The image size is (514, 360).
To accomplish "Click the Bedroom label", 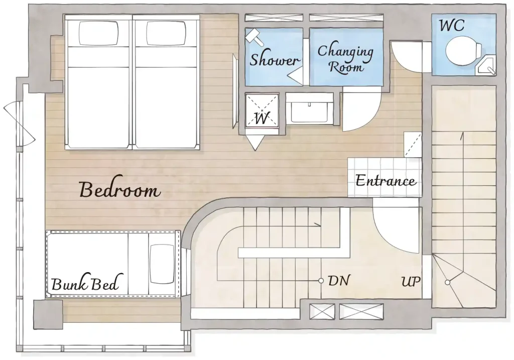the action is pyautogui.click(x=120, y=190).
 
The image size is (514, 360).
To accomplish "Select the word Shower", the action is pyautogui.click(x=274, y=60).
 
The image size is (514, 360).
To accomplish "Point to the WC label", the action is pyautogui.click(x=452, y=25).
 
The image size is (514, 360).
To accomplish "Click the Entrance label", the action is pyautogui.click(x=386, y=181).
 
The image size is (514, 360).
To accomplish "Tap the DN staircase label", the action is pyautogui.click(x=339, y=281).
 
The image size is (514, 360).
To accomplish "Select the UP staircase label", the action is pyautogui.click(x=411, y=281).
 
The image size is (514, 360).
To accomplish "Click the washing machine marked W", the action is pyautogui.click(x=262, y=110).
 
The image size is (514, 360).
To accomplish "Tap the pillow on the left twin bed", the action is pyautogui.click(x=98, y=33).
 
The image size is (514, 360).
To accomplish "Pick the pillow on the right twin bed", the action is pyautogui.click(x=166, y=33).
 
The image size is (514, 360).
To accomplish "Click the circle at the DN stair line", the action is pyautogui.click(x=321, y=281).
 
